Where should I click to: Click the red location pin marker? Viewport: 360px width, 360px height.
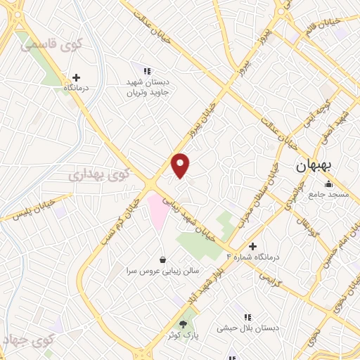coord(181,165)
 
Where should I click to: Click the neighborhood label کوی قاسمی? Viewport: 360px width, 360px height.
coord(51,44)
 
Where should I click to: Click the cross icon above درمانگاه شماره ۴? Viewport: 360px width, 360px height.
coord(252,246)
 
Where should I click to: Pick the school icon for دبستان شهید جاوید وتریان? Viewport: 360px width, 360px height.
coord(147,71)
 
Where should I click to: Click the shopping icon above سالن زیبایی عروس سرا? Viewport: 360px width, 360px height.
coord(163,259)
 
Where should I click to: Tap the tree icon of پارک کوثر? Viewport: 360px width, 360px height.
coord(184,324)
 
